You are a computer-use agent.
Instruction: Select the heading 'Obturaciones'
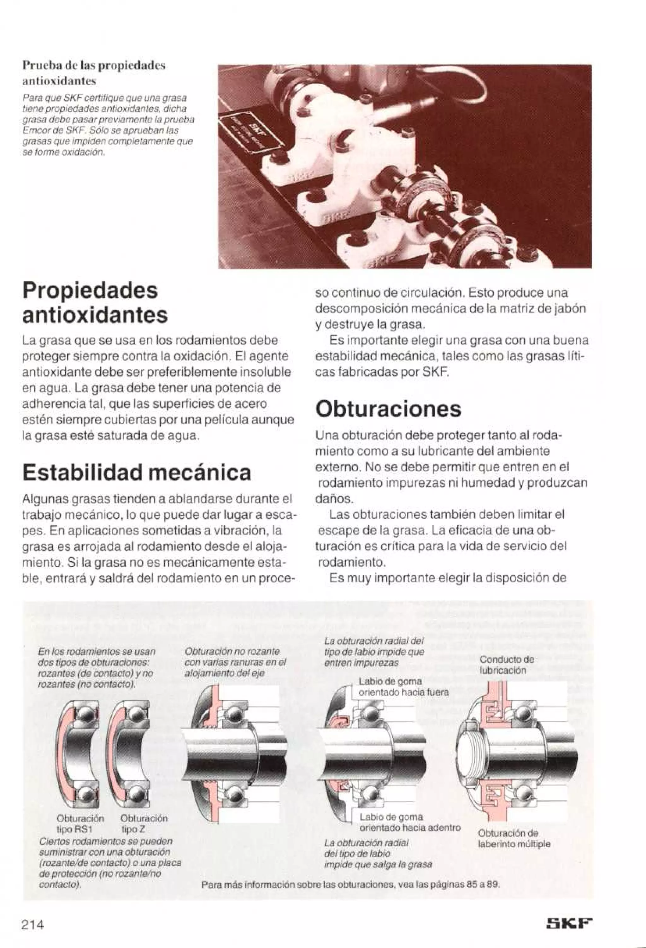[x=388, y=409]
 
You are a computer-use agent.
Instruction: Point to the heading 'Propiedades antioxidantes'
[x=95, y=302]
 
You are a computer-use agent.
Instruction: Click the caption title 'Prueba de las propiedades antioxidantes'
[x=93, y=73]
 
